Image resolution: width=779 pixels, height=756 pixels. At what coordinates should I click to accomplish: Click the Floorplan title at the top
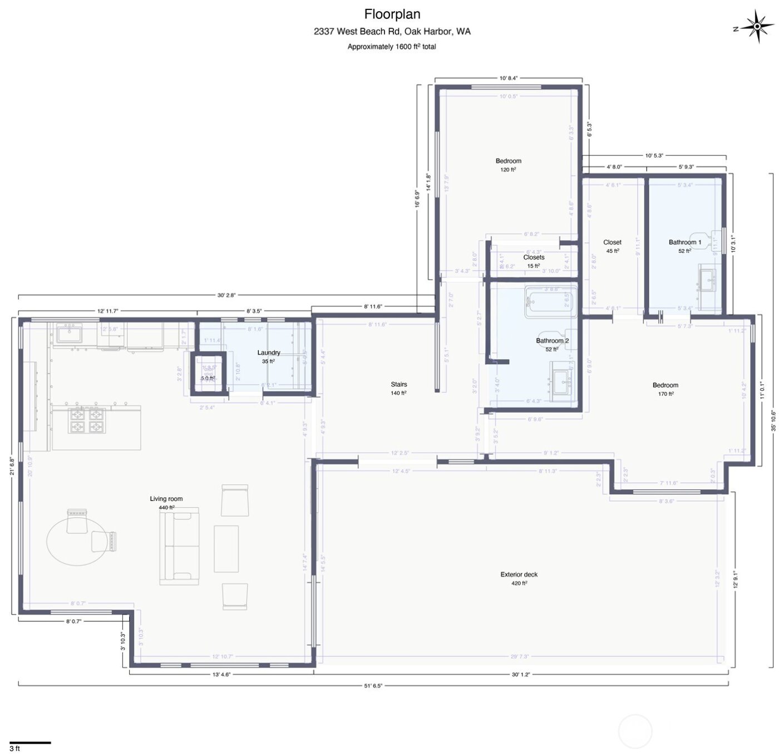pyautogui.click(x=392, y=14)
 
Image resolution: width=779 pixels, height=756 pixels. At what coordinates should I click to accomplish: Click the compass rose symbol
pyautogui.click(x=757, y=26)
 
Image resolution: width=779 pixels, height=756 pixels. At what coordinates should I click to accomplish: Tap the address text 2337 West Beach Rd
pyautogui.click(x=392, y=31)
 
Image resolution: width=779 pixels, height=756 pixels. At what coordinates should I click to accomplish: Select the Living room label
pyautogui.click(x=166, y=499)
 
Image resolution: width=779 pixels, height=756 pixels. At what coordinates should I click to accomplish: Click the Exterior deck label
pyautogui.click(x=519, y=575)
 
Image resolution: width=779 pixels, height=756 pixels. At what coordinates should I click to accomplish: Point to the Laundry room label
pyautogui.click(x=269, y=353)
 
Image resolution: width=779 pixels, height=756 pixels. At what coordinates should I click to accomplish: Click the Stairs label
pyautogui.click(x=399, y=384)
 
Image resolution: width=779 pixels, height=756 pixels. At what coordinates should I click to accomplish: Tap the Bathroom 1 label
pyautogui.click(x=684, y=242)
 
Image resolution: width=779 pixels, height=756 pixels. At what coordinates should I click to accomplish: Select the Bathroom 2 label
pyautogui.click(x=552, y=341)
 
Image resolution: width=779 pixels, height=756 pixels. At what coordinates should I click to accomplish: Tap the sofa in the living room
pyautogui.click(x=179, y=546)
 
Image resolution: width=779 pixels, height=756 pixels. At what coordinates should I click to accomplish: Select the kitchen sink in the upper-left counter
pyautogui.click(x=69, y=333)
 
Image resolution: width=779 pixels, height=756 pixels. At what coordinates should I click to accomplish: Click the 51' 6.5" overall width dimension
pyautogui.click(x=373, y=686)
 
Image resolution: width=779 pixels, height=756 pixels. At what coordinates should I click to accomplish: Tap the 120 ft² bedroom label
pyautogui.click(x=508, y=165)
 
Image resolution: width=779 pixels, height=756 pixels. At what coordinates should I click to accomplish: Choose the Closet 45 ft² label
pyautogui.click(x=612, y=246)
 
